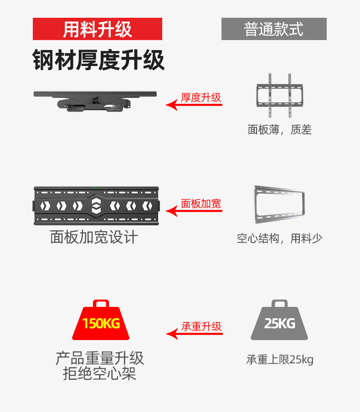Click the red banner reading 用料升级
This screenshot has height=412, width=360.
tap(98, 29)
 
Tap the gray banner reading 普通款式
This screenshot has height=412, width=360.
tap(274, 29)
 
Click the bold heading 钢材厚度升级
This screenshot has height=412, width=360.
tap(98, 60)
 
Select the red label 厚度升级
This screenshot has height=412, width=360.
tap(201, 97)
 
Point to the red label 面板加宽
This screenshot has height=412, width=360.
tap(201, 203)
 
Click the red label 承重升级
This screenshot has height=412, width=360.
tap(201, 326)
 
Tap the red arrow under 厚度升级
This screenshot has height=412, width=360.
tap(194, 105)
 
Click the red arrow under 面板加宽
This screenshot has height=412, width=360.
tap(194, 211)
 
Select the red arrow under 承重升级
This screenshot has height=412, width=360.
tap(194, 334)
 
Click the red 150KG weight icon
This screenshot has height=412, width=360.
tap(101, 321)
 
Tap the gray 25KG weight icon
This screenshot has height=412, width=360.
tap(279, 321)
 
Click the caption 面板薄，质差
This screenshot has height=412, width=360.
tap(279, 130)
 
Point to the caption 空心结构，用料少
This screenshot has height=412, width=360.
tap(279, 238)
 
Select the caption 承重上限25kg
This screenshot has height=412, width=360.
tap(280, 360)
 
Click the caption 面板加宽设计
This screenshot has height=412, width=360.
tap(94, 237)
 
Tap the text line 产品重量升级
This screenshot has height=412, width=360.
tap(100, 358)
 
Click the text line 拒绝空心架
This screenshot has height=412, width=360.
tap(100, 374)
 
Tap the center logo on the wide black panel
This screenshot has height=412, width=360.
tap(96, 206)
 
